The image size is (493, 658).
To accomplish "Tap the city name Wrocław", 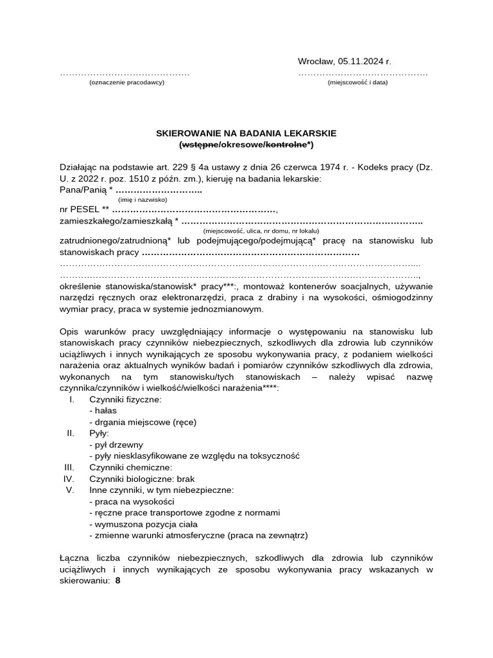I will (x=315, y=62).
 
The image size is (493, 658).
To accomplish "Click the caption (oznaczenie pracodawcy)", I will (x=126, y=82).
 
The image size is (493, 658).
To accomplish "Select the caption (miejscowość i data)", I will (x=358, y=82).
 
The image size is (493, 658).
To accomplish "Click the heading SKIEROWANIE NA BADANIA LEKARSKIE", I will (x=246, y=133).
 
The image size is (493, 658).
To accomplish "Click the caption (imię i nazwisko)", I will (x=143, y=200).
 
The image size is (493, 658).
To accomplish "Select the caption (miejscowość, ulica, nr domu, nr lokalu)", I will (x=261, y=231).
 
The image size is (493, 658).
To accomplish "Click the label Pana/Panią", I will (x=83, y=190).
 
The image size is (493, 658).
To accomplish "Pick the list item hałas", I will (x=103, y=411).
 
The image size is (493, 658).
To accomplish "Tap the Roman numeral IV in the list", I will (x=69, y=479).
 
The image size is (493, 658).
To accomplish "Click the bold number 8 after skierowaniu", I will (x=117, y=580).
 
